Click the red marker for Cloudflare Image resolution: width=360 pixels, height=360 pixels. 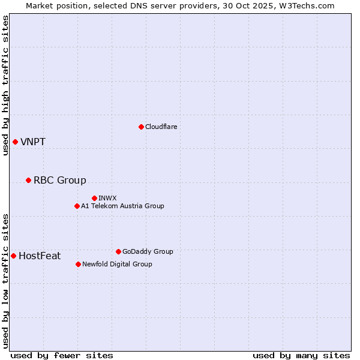click(141, 127)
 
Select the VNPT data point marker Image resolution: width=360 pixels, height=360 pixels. click(15, 142)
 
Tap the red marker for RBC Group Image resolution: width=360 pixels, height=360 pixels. click(28, 180)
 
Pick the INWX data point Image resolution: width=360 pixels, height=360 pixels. click(94, 198)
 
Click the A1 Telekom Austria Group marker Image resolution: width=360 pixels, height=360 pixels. click(77, 206)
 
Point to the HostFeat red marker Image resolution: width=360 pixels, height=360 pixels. click(13, 256)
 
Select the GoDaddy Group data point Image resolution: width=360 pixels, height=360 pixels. click(118, 251)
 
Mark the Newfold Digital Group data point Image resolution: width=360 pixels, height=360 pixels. click(78, 264)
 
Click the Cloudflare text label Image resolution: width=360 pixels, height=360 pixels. click(161, 127)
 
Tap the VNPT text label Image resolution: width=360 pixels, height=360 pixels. click(33, 142)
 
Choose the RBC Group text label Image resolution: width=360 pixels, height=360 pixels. click(60, 180)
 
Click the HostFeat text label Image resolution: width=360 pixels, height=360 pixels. click(40, 256)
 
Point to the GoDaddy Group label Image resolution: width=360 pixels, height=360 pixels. click(148, 251)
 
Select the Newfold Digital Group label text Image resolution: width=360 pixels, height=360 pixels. click(117, 264)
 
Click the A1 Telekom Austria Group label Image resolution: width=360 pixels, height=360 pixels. click(122, 206)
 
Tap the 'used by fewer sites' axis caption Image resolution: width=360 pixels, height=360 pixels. click(62, 355)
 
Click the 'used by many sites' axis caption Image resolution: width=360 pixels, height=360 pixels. click(301, 355)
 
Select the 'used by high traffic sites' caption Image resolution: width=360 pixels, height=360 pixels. click(5, 85)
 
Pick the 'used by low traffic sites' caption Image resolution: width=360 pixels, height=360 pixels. click(5, 280)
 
